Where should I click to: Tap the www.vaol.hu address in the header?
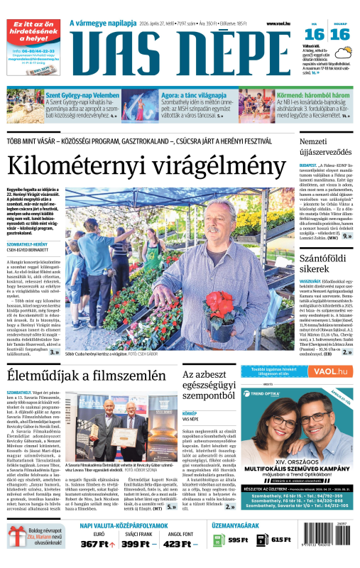point(281,23)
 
